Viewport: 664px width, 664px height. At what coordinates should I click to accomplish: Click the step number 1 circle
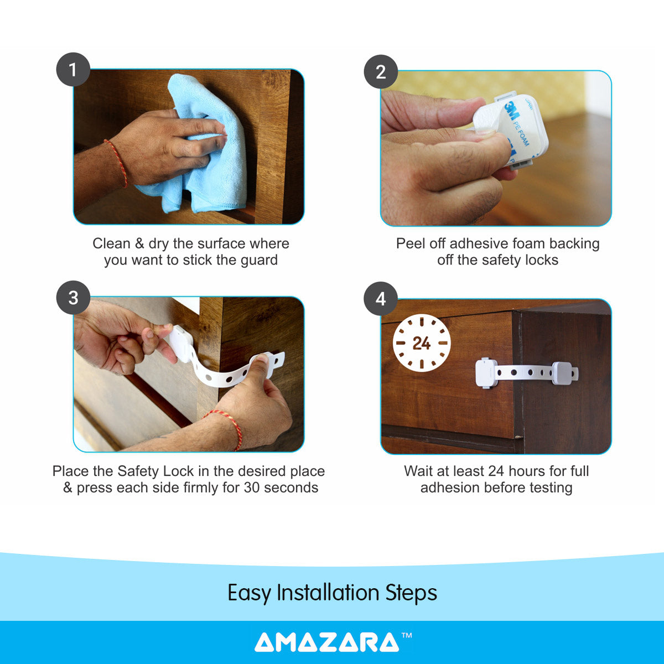(x=73, y=70)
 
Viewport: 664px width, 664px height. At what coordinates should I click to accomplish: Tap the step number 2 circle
(x=381, y=72)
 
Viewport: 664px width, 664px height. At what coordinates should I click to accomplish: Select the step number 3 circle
(x=73, y=298)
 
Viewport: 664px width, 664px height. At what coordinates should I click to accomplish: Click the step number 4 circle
(x=381, y=299)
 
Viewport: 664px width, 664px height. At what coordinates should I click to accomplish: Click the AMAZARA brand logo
(x=326, y=642)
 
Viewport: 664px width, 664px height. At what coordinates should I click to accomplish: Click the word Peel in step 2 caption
(x=409, y=244)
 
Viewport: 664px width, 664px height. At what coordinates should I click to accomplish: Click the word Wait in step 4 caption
(x=418, y=471)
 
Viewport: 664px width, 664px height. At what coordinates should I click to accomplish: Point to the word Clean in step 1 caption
(x=111, y=244)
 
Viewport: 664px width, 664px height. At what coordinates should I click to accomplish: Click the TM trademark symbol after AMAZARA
(x=407, y=636)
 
